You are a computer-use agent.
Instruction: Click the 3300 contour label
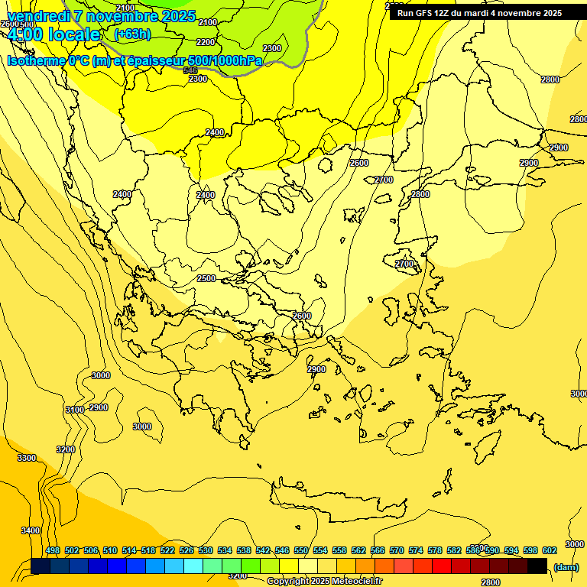tap(27, 458)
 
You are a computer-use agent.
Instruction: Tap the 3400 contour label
tap(31, 530)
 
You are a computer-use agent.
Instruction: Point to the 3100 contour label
tap(75, 410)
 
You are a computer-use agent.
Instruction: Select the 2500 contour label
tap(206, 279)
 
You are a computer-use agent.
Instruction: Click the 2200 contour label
tap(206, 42)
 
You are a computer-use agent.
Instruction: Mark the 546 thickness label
tap(191, 70)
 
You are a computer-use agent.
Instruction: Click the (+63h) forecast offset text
tap(132, 34)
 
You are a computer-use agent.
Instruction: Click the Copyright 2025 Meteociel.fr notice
tap(325, 581)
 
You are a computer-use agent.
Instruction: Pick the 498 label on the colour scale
tap(53, 550)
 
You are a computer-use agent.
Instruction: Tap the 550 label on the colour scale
tap(300, 550)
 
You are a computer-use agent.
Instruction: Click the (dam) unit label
tap(566, 566)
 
